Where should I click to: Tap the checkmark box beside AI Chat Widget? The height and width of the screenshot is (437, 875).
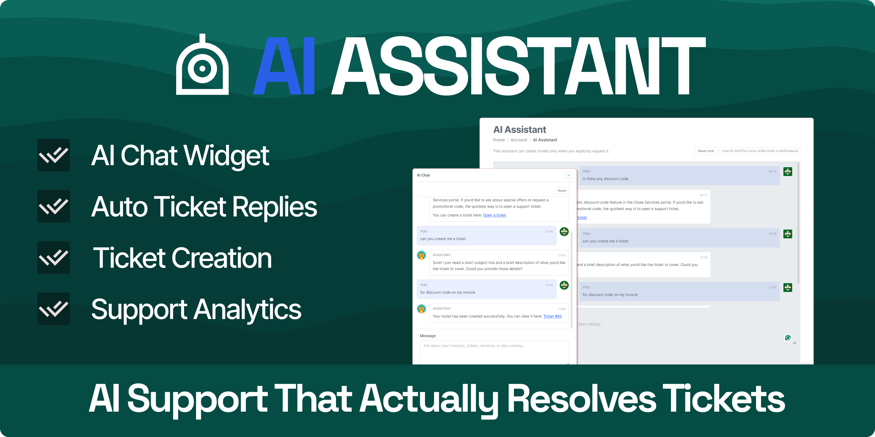(54, 155)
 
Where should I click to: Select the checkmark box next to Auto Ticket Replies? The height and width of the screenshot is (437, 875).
(54, 206)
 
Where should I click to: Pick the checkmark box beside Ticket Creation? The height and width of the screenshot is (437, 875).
(54, 258)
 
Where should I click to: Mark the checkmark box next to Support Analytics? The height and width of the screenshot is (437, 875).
(54, 309)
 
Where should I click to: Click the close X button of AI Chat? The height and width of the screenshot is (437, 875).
(569, 175)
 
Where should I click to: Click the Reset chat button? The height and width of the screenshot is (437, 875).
(706, 151)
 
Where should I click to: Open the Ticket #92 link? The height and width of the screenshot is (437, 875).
(552, 316)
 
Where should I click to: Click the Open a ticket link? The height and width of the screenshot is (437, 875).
(494, 215)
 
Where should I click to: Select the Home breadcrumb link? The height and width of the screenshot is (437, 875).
(499, 140)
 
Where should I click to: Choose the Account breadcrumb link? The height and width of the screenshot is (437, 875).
(519, 140)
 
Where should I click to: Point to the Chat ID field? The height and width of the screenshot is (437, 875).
(759, 151)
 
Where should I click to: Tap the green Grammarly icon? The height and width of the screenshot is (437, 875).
(788, 338)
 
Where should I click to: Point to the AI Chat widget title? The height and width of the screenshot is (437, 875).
(423, 175)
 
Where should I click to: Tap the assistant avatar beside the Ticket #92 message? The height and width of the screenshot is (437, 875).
(421, 309)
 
